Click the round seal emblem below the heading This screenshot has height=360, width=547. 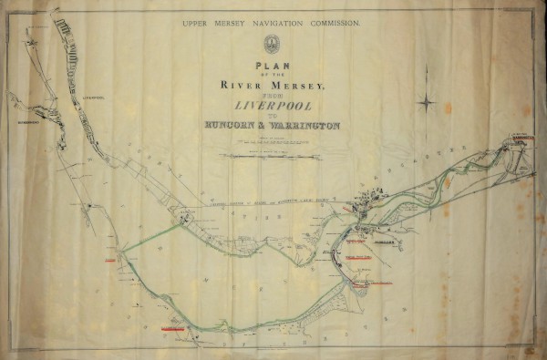coord(271,43)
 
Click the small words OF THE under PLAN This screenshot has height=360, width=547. coord(271,75)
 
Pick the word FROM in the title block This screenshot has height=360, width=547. coord(271,95)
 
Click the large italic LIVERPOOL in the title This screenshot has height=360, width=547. coord(271,106)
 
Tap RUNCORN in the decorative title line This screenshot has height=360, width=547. coord(232,126)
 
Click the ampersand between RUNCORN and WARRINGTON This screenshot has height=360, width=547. coord(269,126)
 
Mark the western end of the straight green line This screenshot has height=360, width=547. coord(121,250)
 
